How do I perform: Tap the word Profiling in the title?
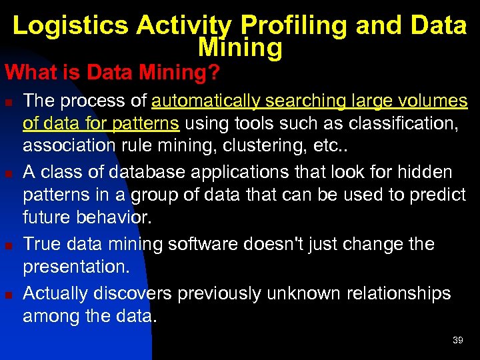[x=294, y=25]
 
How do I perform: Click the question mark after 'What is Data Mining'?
[x=213, y=72]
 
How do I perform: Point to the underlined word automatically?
[x=207, y=101]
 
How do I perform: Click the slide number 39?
[x=457, y=340]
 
